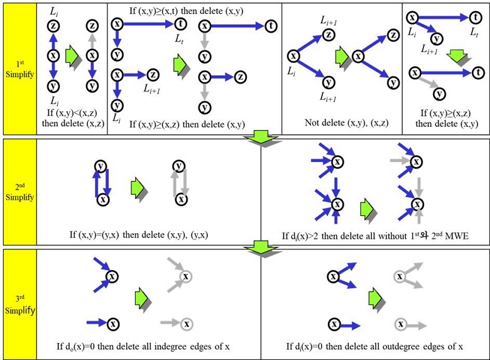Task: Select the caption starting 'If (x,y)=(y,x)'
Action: pos(148,235)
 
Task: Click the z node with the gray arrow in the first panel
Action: pos(92,26)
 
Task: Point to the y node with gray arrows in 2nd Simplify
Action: pos(180,166)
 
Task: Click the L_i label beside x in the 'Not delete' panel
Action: pos(291,71)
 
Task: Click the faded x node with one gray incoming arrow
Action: pos(186,324)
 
